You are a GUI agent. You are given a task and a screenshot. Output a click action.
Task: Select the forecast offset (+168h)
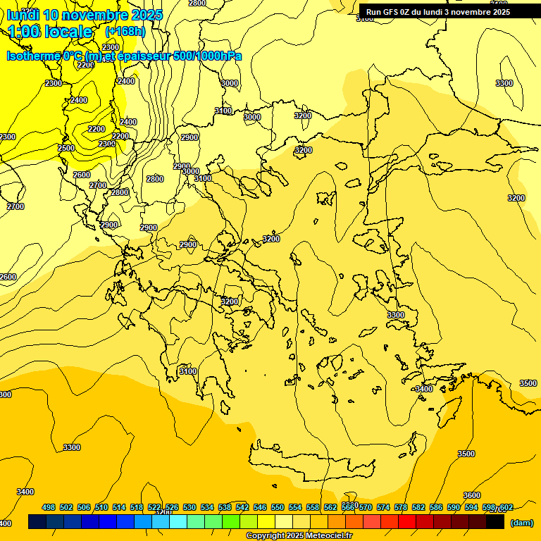click(125, 31)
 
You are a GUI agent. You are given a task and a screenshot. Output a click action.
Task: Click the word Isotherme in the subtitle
click(32, 56)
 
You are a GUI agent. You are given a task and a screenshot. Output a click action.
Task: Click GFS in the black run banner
click(391, 12)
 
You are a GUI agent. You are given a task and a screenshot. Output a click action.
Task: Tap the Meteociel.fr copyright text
click(299, 536)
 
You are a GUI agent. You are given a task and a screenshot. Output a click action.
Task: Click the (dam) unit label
click(521, 522)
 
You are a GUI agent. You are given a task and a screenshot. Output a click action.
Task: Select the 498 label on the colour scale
click(49, 507)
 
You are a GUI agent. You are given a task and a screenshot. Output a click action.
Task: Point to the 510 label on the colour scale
click(101, 507)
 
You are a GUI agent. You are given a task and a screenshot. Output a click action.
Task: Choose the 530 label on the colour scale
click(189, 507)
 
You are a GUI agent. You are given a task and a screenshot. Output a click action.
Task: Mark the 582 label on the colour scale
click(418, 507)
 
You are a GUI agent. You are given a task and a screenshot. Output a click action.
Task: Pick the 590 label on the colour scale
click(454, 507)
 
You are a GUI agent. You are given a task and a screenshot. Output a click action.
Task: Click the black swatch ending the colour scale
click(495, 522)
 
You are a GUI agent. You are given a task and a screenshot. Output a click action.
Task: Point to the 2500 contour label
click(66, 149)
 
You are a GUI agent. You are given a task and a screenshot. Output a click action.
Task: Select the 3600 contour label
click(471, 496)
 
